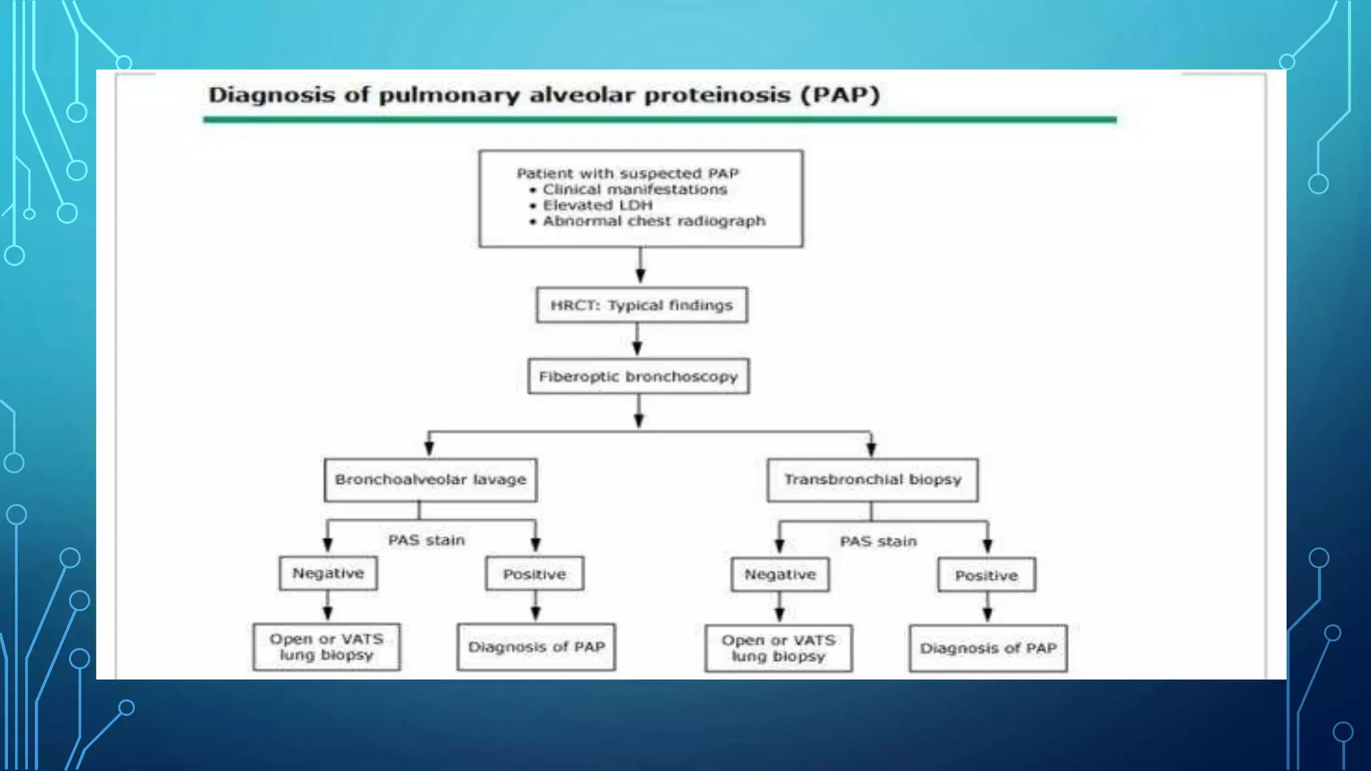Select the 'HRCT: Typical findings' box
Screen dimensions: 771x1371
pos(641,306)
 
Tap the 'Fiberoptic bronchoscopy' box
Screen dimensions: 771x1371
pos(639,377)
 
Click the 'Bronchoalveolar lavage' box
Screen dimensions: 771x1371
pos(430,480)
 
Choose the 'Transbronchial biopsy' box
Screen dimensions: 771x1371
pos(872,480)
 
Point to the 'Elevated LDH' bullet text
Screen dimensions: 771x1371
pos(597,205)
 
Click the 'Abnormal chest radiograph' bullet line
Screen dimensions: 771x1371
pos(653,222)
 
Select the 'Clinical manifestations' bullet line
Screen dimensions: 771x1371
pos(634,189)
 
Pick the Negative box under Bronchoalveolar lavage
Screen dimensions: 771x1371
pos(328,574)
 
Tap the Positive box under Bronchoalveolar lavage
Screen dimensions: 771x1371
pos(534,574)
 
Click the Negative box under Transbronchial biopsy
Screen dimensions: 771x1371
pos(780,575)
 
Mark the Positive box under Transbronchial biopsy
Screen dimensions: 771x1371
pos(986,576)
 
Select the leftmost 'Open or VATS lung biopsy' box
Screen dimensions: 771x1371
pos(327,647)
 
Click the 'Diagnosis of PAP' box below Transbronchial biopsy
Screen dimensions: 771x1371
pos(988,649)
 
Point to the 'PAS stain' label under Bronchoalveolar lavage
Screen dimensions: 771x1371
pos(426,541)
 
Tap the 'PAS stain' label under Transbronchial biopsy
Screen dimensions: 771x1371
pos(878,541)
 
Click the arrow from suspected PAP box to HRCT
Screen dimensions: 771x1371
pos(641,266)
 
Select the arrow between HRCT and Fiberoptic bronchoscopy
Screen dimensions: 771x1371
pos(637,340)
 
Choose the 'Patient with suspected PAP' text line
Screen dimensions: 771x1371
pos(627,173)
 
